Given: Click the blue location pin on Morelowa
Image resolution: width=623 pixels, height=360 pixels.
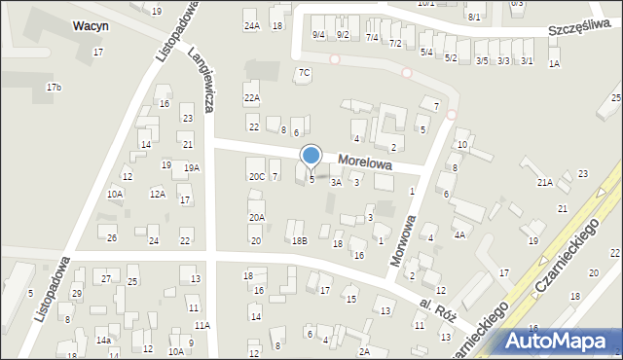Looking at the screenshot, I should click(x=311, y=156).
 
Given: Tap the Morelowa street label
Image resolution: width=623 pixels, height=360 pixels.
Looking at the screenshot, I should click(x=365, y=162).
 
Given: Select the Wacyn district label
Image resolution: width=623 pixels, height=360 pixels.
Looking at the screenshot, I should click(x=90, y=26).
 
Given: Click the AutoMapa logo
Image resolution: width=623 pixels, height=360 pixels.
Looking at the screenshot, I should click(x=563, y=342).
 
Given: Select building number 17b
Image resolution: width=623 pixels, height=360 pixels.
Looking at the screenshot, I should click(x=54, y=88).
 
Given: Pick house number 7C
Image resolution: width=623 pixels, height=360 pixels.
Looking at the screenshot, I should click(x=304, y=72).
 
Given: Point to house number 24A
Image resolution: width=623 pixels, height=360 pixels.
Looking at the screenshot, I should click(x=252, y=25).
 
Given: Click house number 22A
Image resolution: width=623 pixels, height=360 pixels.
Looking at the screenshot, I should click(x=252, y=97).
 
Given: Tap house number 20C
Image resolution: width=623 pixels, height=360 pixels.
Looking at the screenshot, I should click(x=256, y=176).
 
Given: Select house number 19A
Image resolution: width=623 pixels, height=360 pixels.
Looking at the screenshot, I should click(x=192, y=167).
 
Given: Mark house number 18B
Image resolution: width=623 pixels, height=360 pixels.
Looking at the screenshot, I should click(x=299, y=239).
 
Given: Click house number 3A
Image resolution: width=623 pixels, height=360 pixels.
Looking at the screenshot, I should click(x=335, y=181).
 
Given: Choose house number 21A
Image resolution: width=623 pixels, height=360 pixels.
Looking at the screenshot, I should click(x=544, y=182).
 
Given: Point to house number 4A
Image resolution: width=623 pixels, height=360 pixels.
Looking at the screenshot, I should click(x=458, y=234).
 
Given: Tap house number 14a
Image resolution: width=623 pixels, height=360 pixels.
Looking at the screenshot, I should click(x=102, y=341).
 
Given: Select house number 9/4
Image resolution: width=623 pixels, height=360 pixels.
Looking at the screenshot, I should click(x=318, y=35).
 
